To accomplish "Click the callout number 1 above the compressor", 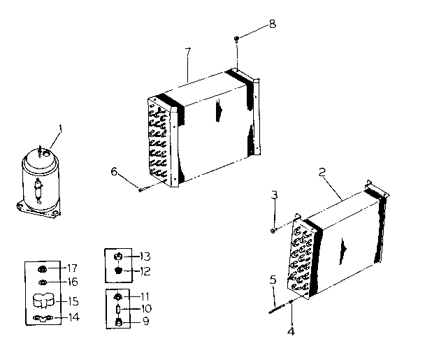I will [61, 128].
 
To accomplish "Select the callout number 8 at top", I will [272, 23].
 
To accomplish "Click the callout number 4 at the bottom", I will [291, 331].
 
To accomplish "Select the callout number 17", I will [71, 268].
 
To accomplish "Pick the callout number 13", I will [145, 255].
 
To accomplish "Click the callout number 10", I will [145, 308].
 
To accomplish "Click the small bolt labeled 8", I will [238, 37].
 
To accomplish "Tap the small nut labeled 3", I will [273, 229].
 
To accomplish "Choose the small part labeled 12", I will [119, 270].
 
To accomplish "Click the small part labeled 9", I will [118, 322].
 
